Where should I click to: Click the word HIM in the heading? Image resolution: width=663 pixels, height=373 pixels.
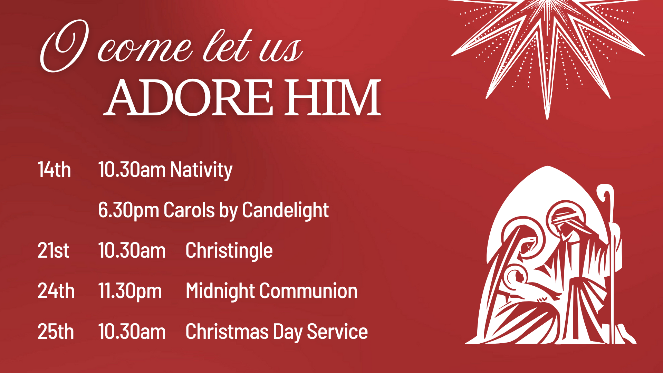333,98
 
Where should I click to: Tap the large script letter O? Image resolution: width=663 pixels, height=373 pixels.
64,46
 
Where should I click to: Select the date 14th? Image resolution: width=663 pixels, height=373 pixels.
54,170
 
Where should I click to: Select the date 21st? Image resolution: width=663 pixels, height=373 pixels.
54,250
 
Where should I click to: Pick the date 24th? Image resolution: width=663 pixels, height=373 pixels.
56,291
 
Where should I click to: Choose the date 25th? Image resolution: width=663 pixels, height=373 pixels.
56,332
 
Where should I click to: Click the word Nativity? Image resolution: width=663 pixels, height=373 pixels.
201,170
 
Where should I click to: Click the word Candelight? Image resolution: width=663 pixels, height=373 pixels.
286,210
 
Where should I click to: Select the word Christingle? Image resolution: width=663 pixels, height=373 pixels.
229,251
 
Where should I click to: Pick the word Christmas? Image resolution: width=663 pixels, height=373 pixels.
227,332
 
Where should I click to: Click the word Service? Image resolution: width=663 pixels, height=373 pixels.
337,332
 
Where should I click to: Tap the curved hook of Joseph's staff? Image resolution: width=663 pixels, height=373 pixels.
607,195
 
